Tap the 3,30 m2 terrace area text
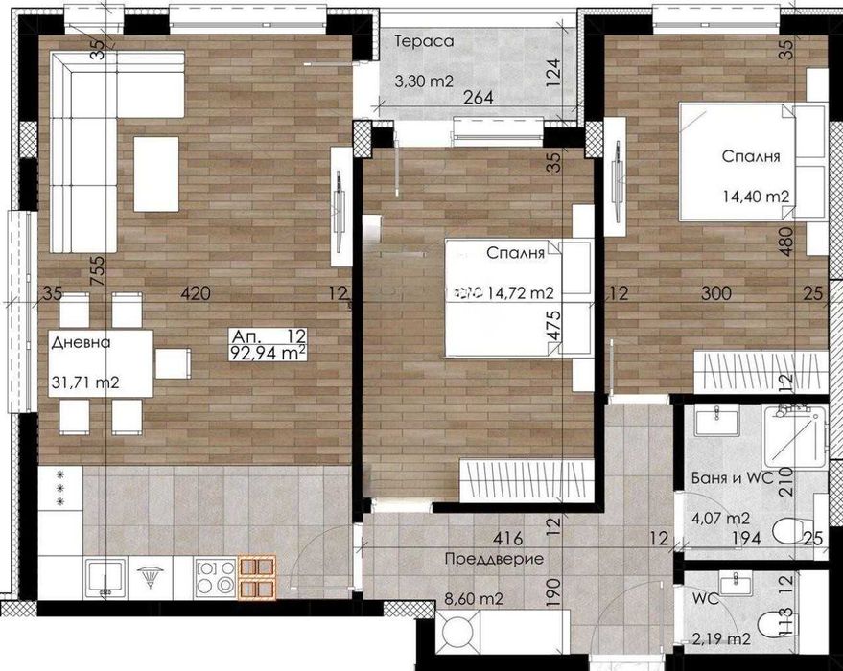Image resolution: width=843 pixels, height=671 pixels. click(x=424, y=82)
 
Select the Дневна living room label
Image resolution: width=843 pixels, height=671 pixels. click(x=82, y=342)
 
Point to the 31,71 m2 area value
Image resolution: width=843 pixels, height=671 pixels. click(x=84, y=382)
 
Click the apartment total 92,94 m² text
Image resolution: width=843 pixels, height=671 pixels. click(x=269, y=353)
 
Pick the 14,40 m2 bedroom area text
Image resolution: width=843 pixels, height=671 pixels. click(x=756, y=197)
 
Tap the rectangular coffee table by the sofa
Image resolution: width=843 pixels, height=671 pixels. click(x=155, y=174)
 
